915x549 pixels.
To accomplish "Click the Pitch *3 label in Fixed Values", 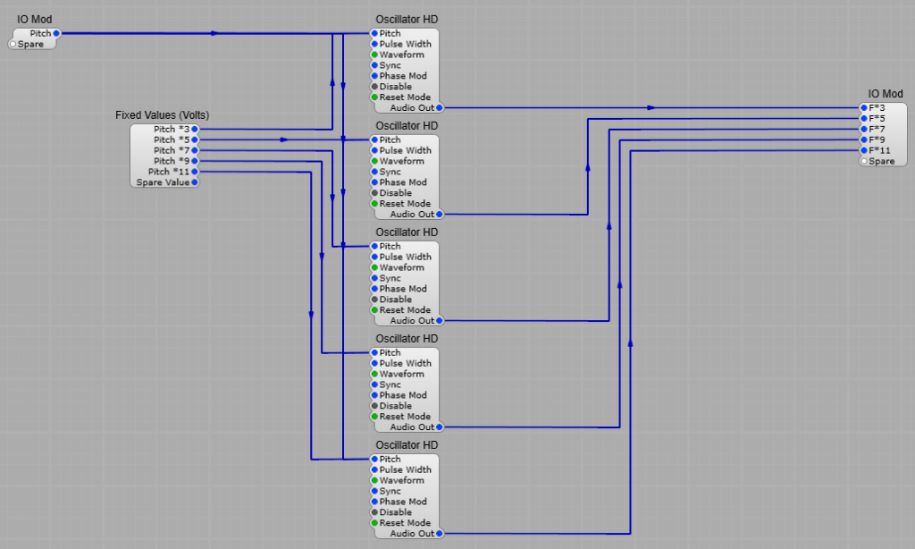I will tap(172, 129).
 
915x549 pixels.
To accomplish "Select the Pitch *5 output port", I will tap(195, 139).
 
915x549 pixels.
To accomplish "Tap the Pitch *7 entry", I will tap(172, 150).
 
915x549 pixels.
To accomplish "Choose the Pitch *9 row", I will tap(172, 161).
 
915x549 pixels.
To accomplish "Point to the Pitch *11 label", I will tap(169, 172).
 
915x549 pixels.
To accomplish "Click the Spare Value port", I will tap(195, 182).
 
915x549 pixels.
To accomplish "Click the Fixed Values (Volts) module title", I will tap(163, 115).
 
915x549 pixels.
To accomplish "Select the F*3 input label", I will tap(877, 107).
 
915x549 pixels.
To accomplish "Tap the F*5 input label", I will tap(877, 118).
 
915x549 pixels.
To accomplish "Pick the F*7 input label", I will tap(877, 129).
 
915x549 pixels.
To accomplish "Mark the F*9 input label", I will tap(877, 139).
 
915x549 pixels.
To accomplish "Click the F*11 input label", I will tap(879, 150).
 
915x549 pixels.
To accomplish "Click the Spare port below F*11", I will tap(864, 161).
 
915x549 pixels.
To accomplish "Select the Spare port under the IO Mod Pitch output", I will tap(13, 44).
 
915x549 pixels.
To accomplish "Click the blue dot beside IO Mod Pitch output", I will tap(56, 33).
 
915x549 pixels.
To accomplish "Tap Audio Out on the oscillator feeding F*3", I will tap(412, 107).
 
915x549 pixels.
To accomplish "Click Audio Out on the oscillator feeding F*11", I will tap(412, 533).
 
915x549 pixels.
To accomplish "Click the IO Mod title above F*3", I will tap(886, 94).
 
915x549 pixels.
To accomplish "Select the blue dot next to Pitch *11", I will tap(195, 172).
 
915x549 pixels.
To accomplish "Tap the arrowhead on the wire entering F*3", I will tap(651, 107).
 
